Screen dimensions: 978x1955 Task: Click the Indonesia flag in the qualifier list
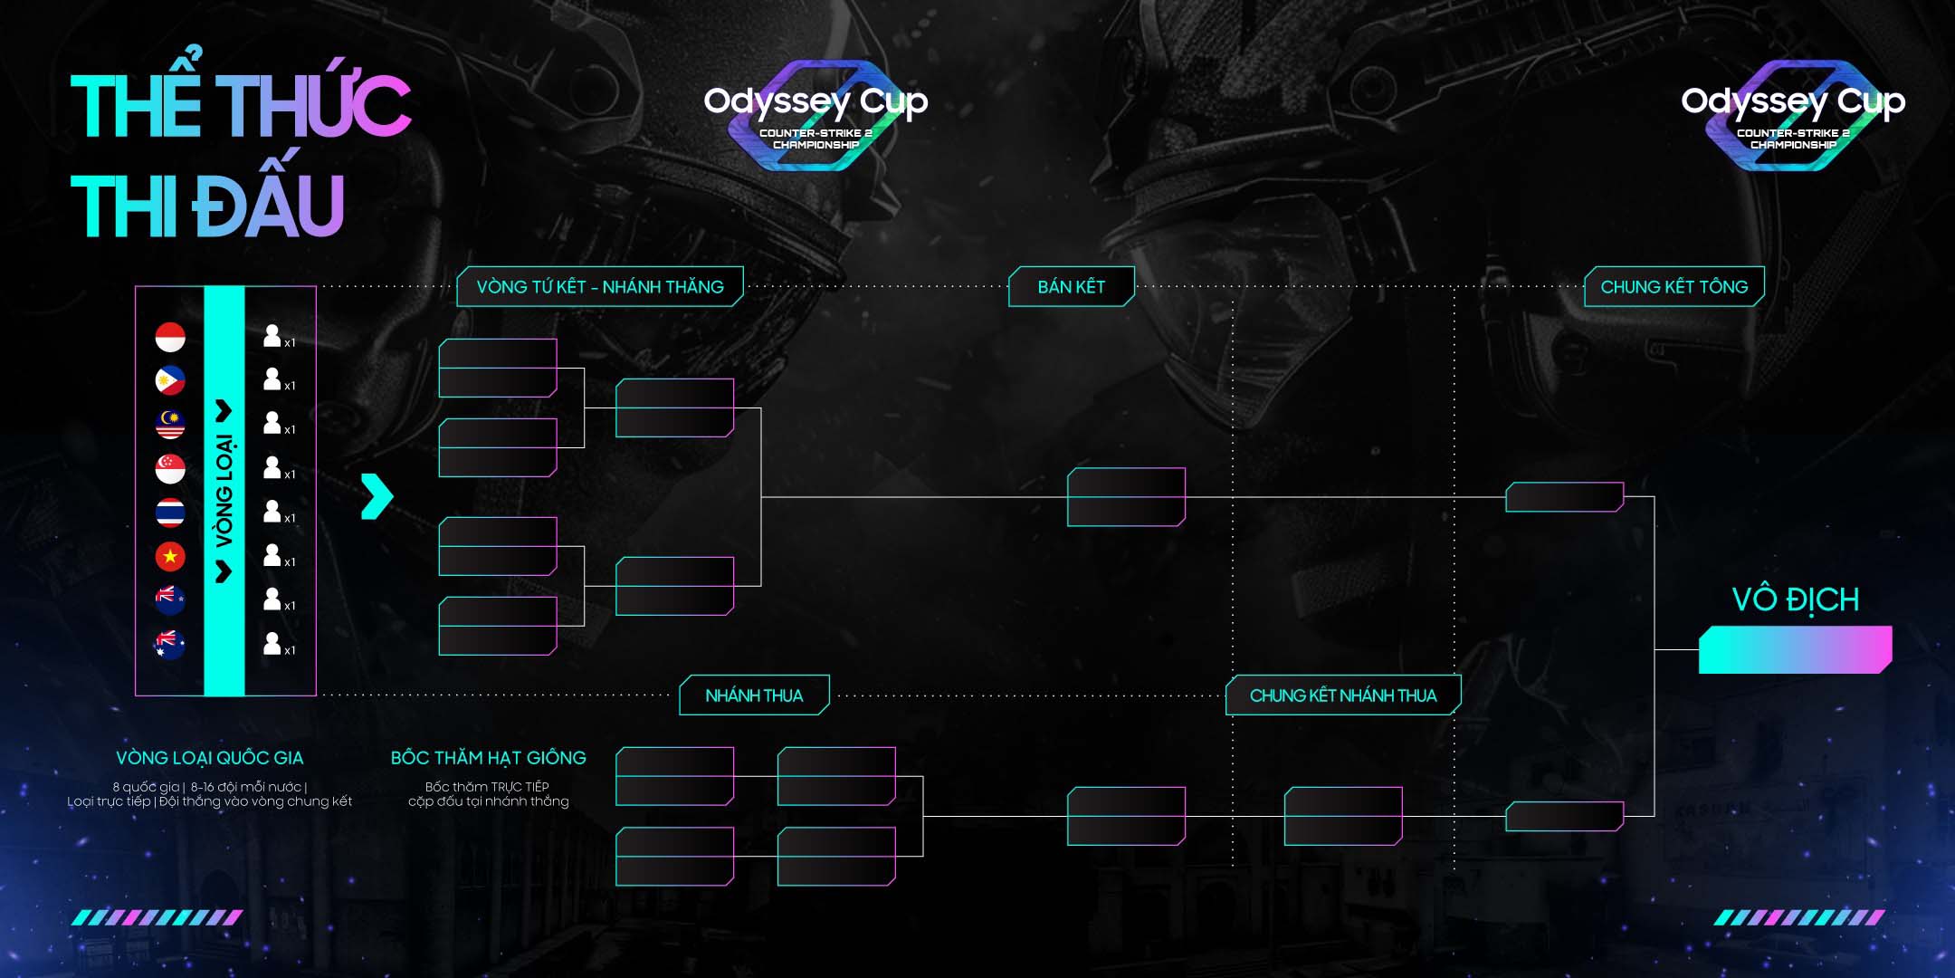[x=170, y=337]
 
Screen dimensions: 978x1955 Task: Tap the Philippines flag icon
[x=170, y=380]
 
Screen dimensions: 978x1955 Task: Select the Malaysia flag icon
[x=170, y=424]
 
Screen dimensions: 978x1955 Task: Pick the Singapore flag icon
[x=170, y=468]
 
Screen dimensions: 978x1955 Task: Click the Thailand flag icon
[x=170, y=513]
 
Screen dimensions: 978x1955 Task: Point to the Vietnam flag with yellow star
[x=170, y=556]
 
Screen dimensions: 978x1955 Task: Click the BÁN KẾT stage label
[x=1071, y=287]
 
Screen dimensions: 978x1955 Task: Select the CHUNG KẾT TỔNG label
[x=1674, y=287]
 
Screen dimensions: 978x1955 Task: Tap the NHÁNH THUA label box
[x=754, y=695]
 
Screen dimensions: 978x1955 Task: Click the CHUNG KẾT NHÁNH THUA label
[x=1342, y=695]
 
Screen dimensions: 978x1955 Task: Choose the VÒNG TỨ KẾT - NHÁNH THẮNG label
[x=600, y=287]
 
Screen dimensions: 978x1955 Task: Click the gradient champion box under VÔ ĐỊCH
[x=1795, y=649]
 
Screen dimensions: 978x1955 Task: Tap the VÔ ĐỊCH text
[x=1795, y=599]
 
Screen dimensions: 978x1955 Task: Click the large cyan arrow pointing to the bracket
[x=377, y=496]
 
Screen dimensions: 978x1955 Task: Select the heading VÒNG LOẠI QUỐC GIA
[x=209, y=758]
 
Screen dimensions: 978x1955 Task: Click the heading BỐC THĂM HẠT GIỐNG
[x=488, y=758]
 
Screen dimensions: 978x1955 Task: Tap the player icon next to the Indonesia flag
[x=272, y=336]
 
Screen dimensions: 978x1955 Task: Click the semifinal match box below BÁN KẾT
[x=1126, y=497]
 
